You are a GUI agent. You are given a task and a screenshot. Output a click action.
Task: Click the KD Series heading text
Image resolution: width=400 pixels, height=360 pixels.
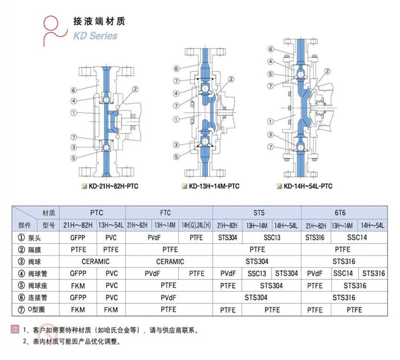[x=95, y=36]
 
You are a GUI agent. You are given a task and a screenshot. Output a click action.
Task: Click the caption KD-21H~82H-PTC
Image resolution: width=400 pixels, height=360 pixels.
[x=114, y=186]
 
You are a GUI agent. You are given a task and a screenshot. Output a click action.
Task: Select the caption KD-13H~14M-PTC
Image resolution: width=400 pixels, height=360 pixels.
[x=214, y=186]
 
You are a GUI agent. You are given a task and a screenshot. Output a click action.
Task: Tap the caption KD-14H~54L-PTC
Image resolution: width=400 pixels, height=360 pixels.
[x=308, y=186]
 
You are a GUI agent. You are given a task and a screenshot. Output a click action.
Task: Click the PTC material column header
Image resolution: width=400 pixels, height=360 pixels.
[x=97, y=212]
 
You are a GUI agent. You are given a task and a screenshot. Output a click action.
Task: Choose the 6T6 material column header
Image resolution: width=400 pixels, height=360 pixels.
[x=340, y=212]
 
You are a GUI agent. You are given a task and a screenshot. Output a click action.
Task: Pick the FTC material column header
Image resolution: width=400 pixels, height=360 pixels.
[x=165, y=212]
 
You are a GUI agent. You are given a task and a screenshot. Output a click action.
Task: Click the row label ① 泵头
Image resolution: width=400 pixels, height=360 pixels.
[x=29, y=238]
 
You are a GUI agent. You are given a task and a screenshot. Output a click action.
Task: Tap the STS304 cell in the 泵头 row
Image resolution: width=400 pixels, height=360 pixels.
[x=228, y=238]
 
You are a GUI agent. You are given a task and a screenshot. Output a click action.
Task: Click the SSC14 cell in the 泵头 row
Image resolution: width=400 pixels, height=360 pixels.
[x=357, y=237]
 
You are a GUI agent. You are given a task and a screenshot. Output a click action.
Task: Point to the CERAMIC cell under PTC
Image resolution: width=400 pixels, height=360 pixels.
[x=95, y=261]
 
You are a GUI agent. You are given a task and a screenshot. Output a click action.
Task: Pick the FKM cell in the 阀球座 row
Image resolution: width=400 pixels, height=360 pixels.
[x=78, y=286]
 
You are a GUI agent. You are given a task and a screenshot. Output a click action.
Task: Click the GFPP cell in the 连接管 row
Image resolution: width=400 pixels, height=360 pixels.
[x=78, y=298]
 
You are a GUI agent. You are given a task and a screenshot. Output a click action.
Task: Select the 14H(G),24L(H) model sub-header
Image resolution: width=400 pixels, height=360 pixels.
[x=196, y=225]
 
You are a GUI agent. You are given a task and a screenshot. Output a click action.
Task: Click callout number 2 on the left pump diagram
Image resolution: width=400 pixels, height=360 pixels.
[x=135, y=89]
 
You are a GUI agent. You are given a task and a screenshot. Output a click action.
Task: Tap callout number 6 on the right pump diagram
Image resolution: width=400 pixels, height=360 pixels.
[x=271, y=49]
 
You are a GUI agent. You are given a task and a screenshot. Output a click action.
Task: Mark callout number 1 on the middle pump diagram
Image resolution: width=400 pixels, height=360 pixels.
[x=177, y=119]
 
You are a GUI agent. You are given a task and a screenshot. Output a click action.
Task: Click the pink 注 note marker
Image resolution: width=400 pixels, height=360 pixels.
[x=15, y=329]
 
